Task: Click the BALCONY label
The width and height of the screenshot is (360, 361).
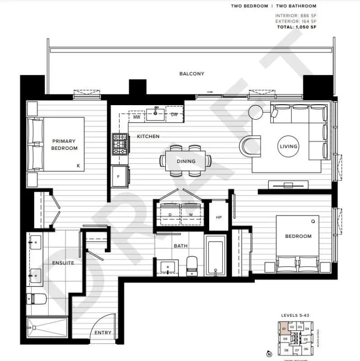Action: point(192,74)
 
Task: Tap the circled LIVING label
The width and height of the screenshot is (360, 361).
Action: point(288,146)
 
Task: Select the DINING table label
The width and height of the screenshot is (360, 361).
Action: point(186,161)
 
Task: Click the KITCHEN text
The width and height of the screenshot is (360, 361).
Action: point(148,136)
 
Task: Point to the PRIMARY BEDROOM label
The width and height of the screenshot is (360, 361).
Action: point(64,144)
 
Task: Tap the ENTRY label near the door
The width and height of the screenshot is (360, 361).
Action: point(103,333)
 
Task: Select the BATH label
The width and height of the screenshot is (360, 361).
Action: point(181,246)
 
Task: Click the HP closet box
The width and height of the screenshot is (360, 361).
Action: point(219,217)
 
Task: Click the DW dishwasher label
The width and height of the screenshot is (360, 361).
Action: point(174,115)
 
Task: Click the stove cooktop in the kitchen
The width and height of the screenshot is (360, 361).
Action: point(120,144)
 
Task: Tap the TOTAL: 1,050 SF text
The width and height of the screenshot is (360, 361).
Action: point(296,27)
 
